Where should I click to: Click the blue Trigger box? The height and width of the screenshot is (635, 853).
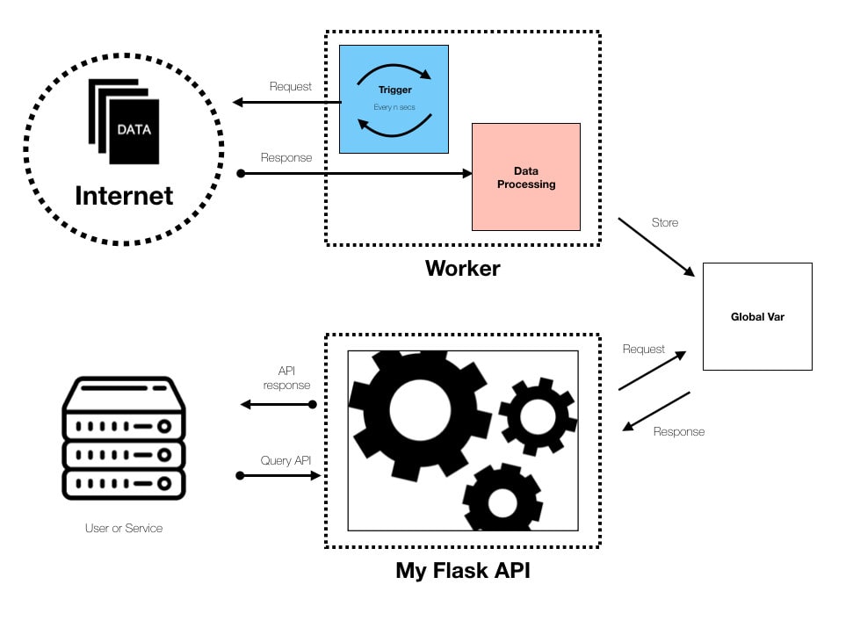[x=394, y=99]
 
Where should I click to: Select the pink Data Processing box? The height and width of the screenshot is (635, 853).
[x=526, y=177]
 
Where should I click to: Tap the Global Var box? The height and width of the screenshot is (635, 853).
[x=757, y=316]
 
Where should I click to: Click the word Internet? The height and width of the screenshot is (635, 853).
[x=124, y=196]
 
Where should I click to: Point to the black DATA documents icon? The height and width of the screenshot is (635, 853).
[x=124, y=121]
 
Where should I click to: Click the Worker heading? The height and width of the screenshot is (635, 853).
[x=462, y=268]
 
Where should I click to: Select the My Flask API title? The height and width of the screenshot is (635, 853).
[x=463, y=570]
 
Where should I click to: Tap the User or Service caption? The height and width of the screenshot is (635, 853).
[x=124, y=528]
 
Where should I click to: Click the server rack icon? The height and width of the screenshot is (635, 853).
[x=124, y=437]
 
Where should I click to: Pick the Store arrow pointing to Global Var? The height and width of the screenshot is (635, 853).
[x=656, y=247]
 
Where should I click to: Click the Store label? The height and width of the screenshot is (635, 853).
[x=665, y=222]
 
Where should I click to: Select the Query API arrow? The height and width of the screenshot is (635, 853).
[x=278, y=476]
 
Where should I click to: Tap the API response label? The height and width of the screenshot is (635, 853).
[x=286, y=378]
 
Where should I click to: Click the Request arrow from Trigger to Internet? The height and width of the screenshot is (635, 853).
[x=286, y=102]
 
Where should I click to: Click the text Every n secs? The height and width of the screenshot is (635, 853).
[x=394, y=107]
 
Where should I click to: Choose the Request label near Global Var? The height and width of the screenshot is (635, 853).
[x=644, y=349]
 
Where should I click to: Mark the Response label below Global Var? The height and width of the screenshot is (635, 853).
[x=679, y=431]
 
